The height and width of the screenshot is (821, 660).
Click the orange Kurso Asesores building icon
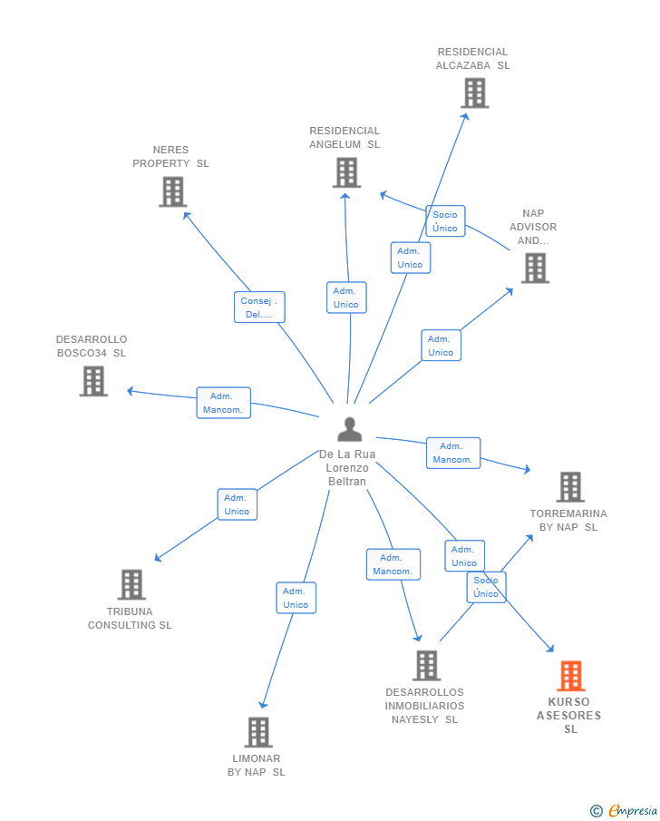[570, 676]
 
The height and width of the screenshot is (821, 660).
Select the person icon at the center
[350, 429]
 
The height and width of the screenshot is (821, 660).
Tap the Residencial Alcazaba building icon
[475, 93]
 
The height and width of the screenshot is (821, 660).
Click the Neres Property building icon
[173, 191]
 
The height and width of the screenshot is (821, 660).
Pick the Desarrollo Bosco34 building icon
[93, 381]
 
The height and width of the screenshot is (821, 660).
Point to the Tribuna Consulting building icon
[131, 584]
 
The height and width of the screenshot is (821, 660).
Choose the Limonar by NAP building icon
[258, 732]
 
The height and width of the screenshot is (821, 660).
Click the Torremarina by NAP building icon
[570, 487]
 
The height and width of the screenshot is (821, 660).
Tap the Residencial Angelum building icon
[346, 172]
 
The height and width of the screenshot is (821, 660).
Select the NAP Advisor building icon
[535, 269]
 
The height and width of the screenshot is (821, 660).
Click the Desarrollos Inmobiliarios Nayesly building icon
[427, 666]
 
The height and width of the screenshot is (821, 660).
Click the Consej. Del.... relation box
[259, 308]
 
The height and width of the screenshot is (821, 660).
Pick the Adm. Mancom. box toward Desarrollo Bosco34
[224, 403]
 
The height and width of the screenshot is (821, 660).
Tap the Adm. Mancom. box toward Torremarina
[452, 453]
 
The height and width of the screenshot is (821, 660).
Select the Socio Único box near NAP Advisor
[445, 221]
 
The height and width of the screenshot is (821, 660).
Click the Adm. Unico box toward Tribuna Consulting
[238, 504]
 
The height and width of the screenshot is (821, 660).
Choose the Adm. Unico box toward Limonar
[296, 598]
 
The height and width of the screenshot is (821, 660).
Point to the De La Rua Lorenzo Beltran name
[347, 467]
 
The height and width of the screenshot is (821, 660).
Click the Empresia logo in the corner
[624, 810]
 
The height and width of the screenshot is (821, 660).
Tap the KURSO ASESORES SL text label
[569, 715]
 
